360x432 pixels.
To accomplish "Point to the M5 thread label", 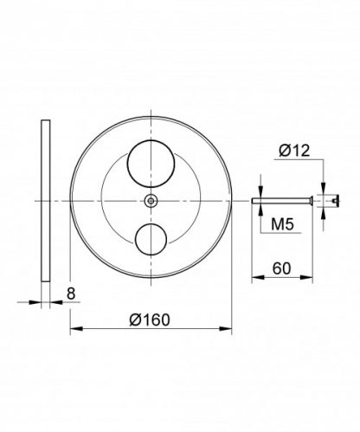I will [x=280, y=225].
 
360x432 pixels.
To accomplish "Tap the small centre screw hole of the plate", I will [x=152, y=200].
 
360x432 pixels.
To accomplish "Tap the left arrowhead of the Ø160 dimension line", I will [x=73, y=329].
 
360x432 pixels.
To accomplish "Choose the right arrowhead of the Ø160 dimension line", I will [x=232, y=329].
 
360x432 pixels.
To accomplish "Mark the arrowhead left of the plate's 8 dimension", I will [x=37, y=303].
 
